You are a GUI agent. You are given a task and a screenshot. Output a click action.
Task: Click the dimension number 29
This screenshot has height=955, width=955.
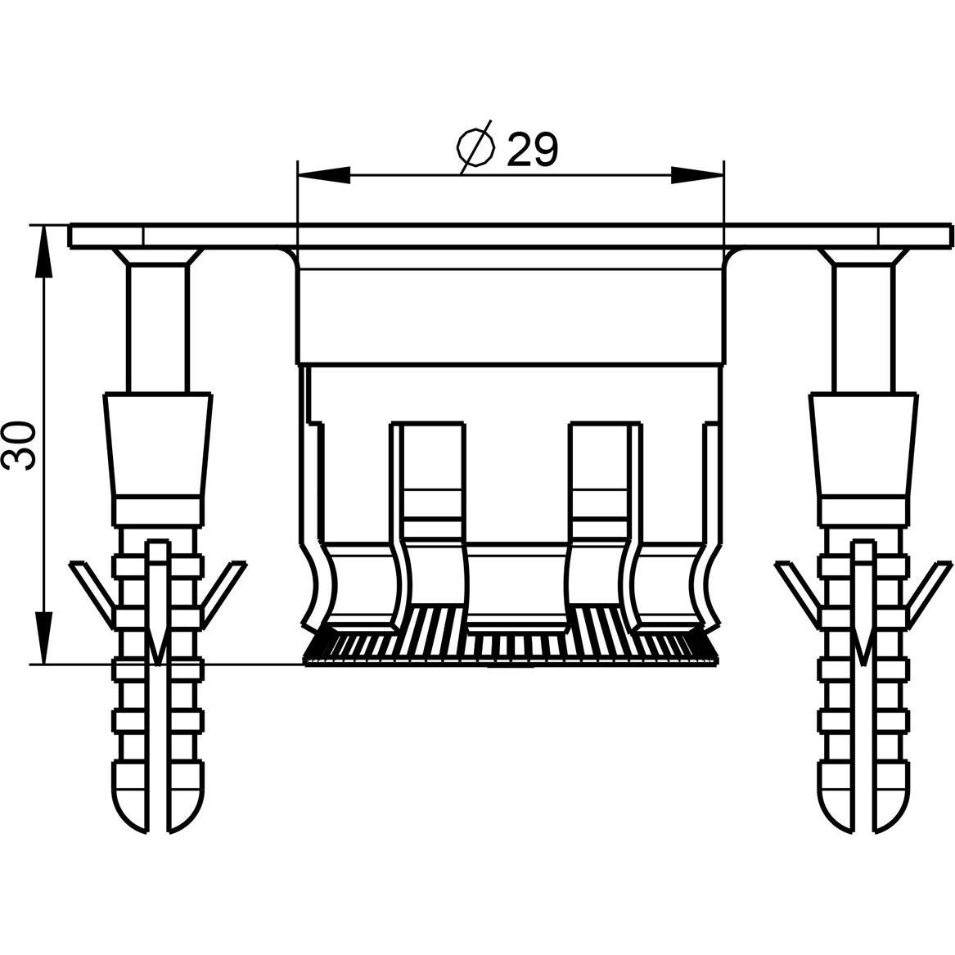(532, 150)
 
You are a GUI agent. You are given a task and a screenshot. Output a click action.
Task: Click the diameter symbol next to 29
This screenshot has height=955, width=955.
(475, 147)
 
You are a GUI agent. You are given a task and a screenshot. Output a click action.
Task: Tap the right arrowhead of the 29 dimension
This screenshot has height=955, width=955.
(696, 175)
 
